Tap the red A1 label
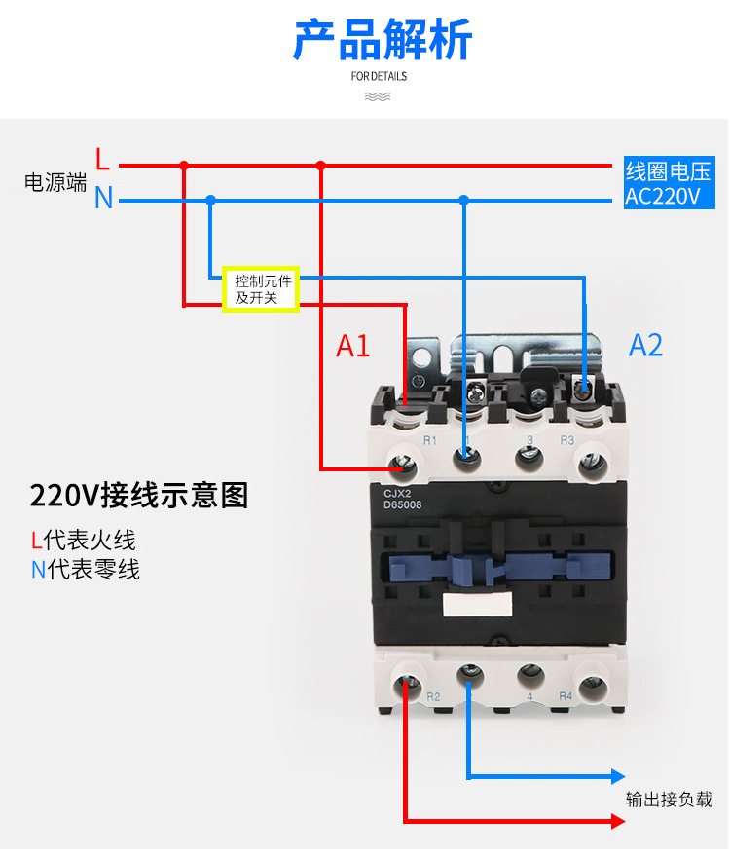click(x=352, y=347)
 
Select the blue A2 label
click(x=645, y=345)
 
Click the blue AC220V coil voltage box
click(x=670, y=182)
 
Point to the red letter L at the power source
click(x=102, y=159)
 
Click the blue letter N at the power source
click(x=103, y=197)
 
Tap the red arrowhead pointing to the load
click(x=618, y=821)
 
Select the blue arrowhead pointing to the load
click(x=618, y=775)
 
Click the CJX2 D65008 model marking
click(x=403, y=499)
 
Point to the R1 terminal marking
click(x=430, y=440)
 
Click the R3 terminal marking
click(x=566, y=440)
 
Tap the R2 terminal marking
click(x=433, y=696)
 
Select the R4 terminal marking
click(x=566, y=695)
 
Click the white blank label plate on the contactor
click(x=477, y=604)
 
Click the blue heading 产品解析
click(x=382, y=39)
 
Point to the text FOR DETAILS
click(x=379, y=76)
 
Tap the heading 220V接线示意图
click(x=139, y=495)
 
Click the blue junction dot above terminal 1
click(x=464, y=200)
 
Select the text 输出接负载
click(x=669, y=800)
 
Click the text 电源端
click(x=55, y=182)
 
